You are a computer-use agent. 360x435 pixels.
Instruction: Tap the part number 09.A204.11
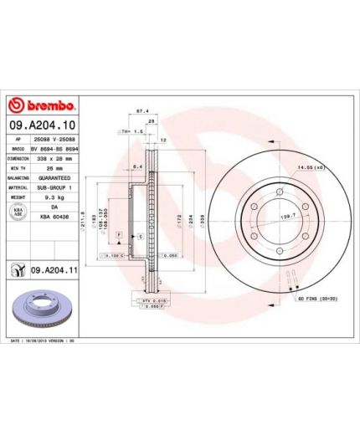pos(54,271)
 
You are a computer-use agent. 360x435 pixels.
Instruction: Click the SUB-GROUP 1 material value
pos(56,187)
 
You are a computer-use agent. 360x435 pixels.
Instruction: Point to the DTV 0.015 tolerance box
pos(145,299)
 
